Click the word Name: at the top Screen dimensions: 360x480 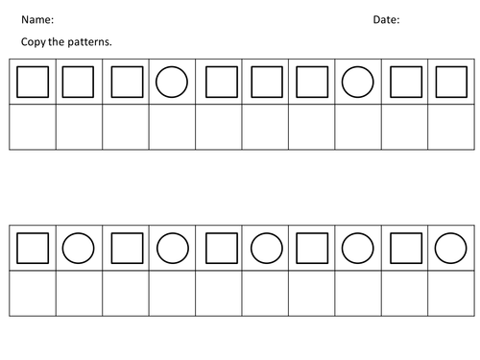(38, 19)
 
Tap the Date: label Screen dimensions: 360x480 (386, 19)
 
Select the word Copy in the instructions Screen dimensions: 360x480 (35, 42)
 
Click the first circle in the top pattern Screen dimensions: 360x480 (172, 83)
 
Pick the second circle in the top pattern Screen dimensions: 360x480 (359, 83)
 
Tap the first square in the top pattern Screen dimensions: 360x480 (33, 83)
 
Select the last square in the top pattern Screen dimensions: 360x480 (451, 83)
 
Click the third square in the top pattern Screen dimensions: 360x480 (126, 83)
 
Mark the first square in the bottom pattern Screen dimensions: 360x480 (33, 249)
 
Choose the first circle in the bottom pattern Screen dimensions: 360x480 (79, 249)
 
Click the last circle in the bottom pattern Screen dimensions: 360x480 (451, 249)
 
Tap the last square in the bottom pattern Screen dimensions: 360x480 (405, 249)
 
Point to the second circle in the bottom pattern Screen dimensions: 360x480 (172, 249)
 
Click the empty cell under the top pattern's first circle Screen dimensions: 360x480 (172, 127)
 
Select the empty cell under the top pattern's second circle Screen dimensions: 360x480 (359, 127)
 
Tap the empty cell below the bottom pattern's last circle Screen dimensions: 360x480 (451, 293)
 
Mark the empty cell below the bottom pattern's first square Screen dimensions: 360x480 (33, 293)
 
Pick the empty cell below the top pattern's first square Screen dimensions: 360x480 (33, 127)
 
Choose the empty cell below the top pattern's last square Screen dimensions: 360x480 (451, 127)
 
